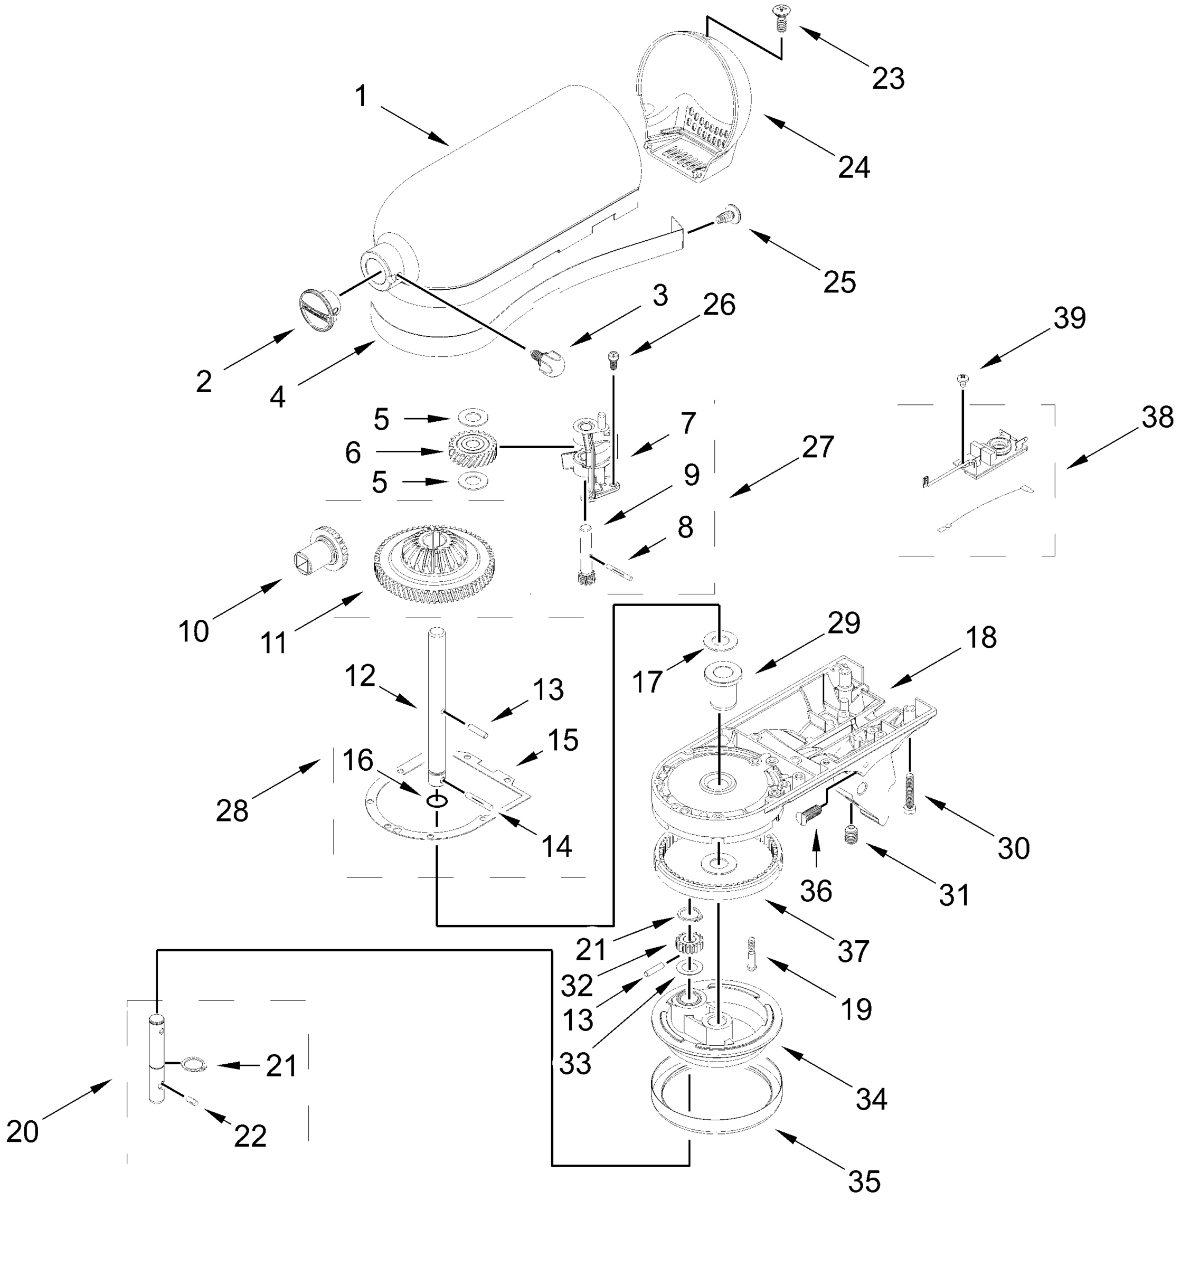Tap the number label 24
(x=854, y=168)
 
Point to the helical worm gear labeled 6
(x=471, y=451)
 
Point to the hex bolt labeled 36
(x=809, y=814)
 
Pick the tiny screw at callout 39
(x=962, y=381)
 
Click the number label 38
(x=1157, y=418)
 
